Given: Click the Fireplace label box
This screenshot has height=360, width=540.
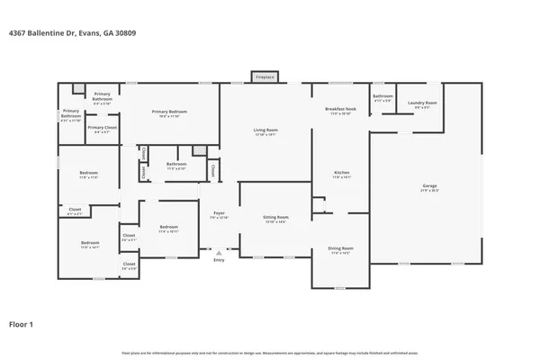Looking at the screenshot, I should click(x=264, y=77).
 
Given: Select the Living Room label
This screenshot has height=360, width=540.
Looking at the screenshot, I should click(x=265, y=131).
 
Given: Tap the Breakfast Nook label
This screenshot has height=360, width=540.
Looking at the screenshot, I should click(x=340, y=110).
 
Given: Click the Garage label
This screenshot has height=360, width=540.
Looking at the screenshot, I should click(x=430, y=187).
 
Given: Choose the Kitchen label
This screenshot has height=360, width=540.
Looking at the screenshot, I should click(x=341, y=174).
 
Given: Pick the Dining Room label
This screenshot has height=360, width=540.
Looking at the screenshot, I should click(x=340, y=249).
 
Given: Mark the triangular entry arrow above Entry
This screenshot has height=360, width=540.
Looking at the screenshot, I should click(x=218, y=253).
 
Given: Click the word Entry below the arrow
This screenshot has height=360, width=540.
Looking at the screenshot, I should click(x=218, y=261).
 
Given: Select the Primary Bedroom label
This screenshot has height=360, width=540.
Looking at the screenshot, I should click(x=170, y=113).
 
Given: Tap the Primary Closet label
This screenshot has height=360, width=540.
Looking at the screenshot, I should click(x=102, y=130).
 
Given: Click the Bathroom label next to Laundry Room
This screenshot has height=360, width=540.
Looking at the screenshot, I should click(x=382, y=97).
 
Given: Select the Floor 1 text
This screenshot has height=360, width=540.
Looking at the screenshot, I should click(x=23, y=322).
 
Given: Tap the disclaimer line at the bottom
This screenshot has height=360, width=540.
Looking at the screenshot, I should click(x=269, y=352).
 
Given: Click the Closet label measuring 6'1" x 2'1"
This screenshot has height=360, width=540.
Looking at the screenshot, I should click(x=76, y=211).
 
